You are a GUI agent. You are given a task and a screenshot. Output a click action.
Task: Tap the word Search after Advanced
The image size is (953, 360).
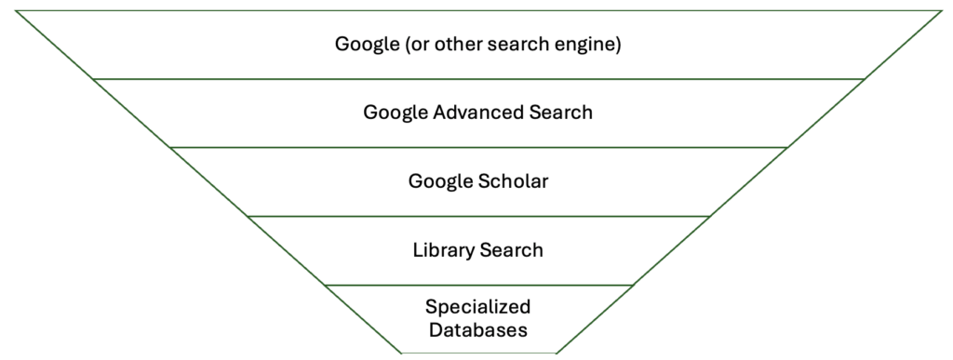click(x=562, y=113)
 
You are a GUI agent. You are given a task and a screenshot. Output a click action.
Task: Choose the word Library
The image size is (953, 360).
click(x=444, y=250)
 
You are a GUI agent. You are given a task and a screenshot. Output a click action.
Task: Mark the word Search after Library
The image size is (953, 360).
click(x=511, y=250)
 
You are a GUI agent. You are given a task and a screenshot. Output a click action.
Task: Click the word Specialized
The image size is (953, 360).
click(x=477, y=307)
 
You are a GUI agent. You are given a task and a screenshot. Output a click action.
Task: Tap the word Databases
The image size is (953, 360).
click(x=477, y=329)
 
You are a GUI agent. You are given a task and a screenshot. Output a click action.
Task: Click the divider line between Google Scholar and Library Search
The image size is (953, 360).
click(x=477, y=216)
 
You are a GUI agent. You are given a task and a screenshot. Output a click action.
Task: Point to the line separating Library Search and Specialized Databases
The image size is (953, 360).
click(x=477, y=285)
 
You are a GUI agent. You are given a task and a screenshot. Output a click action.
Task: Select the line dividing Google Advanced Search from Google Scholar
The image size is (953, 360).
click(x=477, y=147)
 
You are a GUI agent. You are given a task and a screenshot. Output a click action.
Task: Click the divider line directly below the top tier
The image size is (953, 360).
click(x=477, y=79)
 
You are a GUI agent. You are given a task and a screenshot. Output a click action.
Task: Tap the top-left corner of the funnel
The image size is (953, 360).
click(x=17, y=11)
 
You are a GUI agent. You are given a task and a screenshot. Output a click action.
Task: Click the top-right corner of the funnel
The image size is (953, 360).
click(x=941, y=11)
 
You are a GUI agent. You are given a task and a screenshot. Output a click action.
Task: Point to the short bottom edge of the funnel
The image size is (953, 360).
click(x=477, y=353)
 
